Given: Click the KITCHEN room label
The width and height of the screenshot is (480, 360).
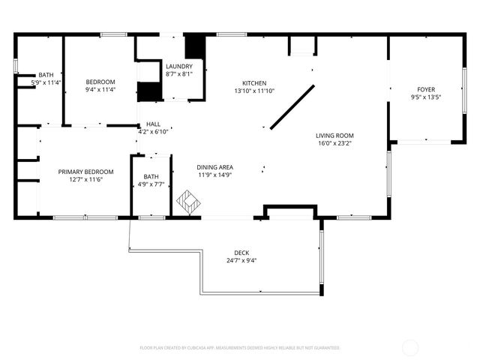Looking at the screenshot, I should point(253,83).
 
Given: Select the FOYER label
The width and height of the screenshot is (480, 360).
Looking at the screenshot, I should point(426,89).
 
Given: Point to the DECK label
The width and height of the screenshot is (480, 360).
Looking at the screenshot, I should point(241,253).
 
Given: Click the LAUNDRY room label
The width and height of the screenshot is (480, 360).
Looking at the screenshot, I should point(178,66).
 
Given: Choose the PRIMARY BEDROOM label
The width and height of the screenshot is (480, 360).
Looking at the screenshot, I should point(85,172).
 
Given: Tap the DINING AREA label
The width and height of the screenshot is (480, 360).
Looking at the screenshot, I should point(214,167).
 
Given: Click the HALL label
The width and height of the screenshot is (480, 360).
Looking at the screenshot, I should point(153,124).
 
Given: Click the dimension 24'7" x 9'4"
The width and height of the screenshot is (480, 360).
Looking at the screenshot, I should point(241,261).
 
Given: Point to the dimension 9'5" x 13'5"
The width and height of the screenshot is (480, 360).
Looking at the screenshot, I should point(426,97).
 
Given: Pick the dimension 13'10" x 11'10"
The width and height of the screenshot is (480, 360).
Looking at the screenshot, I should point(253,91).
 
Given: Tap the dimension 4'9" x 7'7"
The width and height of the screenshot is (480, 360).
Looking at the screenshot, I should point(151,184).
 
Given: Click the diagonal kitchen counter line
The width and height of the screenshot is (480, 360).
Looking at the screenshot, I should point(292,106).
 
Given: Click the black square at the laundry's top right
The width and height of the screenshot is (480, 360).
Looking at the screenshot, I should point(195,46).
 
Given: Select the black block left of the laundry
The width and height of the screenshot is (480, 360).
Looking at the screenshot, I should point(149,91).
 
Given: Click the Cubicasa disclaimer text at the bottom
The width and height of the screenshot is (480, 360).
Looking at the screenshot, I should point(240,348).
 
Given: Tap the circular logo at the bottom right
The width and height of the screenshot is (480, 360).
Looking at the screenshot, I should point(411,347).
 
